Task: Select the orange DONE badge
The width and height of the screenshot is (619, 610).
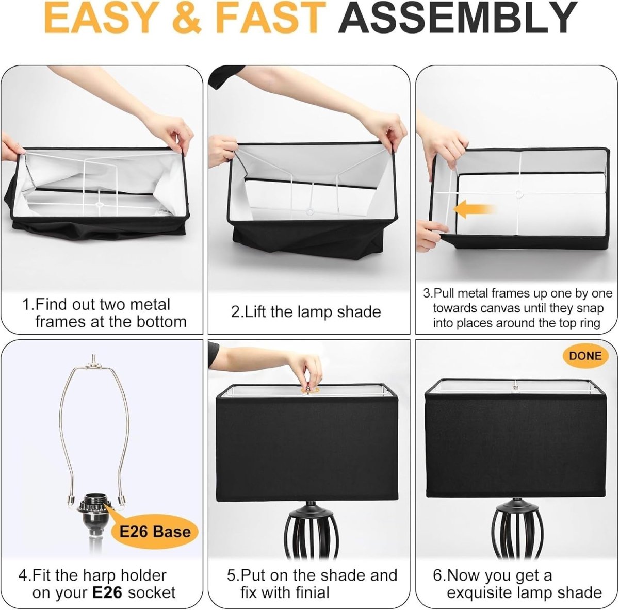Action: coord(585,356)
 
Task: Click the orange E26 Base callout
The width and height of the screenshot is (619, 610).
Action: coord(155,532)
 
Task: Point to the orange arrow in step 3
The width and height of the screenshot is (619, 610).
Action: coord(475,209)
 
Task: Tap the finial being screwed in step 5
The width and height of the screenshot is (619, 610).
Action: coord(308,389)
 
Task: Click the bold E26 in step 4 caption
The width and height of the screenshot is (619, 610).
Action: coord(107,592)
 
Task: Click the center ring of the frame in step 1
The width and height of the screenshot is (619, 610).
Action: coord(100,204)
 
